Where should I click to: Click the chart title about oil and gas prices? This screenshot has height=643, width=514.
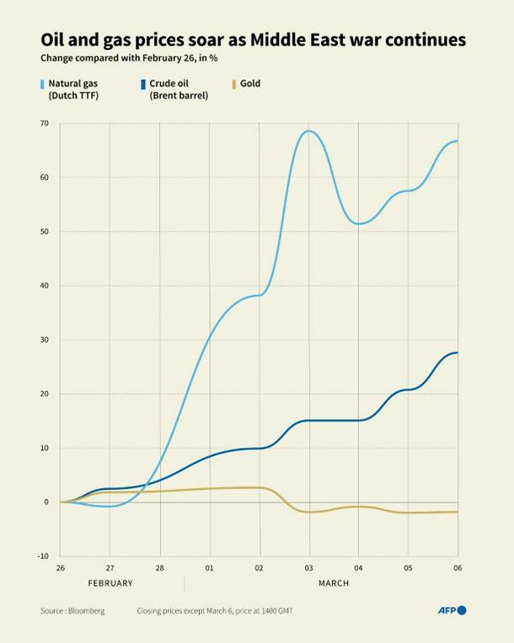coord(253,40)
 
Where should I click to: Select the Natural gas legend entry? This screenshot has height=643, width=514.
coord(72,89)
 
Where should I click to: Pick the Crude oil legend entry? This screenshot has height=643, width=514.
coord(178,89)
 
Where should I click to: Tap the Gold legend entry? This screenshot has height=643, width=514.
coord(249,83)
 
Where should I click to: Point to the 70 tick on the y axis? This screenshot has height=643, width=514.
coord(43,124)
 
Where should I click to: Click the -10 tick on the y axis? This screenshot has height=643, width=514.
coord(43,556)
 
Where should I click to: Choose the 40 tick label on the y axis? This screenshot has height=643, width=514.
coord(43,286)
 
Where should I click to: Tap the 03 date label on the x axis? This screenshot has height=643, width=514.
coord(308,568)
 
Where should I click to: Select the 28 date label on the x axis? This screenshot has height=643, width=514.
coord(159,568)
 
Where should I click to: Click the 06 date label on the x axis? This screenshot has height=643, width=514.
coord(458,568)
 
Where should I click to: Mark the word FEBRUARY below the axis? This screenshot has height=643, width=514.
coord(110,583)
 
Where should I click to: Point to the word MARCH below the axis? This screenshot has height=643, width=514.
coord(334,583)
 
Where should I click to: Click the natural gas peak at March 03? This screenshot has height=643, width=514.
coord(308,130)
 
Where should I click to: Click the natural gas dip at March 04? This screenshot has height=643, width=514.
coord(358,224)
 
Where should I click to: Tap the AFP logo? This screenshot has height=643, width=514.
coord(452,610)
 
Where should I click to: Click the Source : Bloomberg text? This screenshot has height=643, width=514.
coord(72,611)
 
